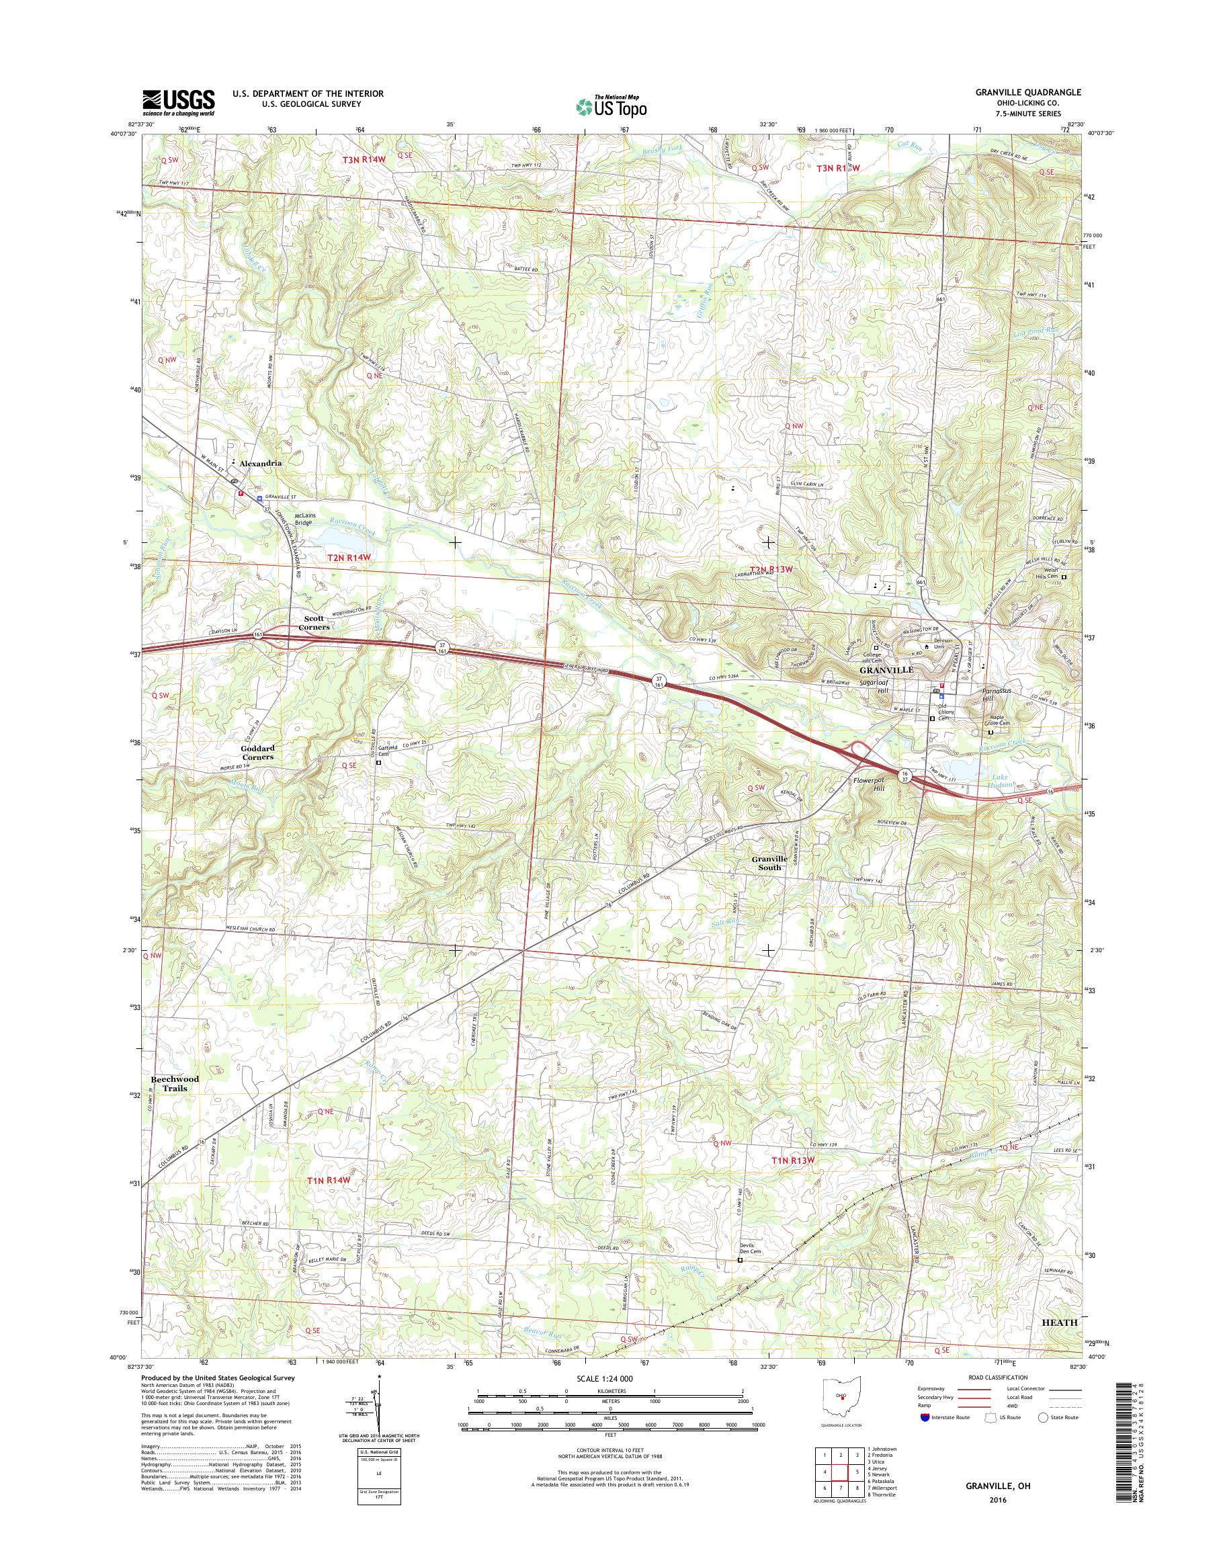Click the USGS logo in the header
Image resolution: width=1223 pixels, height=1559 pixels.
click(x=178, y=102)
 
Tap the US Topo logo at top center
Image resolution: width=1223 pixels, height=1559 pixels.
click(x=611, y=106)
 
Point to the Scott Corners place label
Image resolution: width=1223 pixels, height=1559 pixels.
click(x=314, y=622)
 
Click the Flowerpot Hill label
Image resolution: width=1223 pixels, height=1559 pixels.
click(x=870, y=783)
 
